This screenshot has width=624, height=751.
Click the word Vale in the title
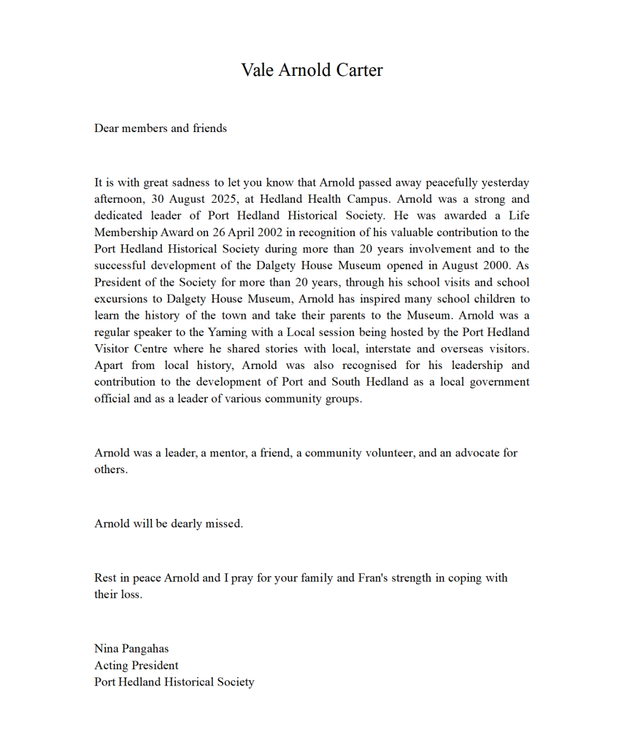(x=258, y=70)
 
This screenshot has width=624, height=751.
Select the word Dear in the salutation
(x=107, y=128)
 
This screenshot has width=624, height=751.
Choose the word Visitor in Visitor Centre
(x=112, y=349)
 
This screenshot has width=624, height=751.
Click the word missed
(x=224, y=524)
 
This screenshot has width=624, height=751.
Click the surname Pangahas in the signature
(x=145, y=648)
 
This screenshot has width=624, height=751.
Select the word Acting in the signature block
(x=110, y=665)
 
